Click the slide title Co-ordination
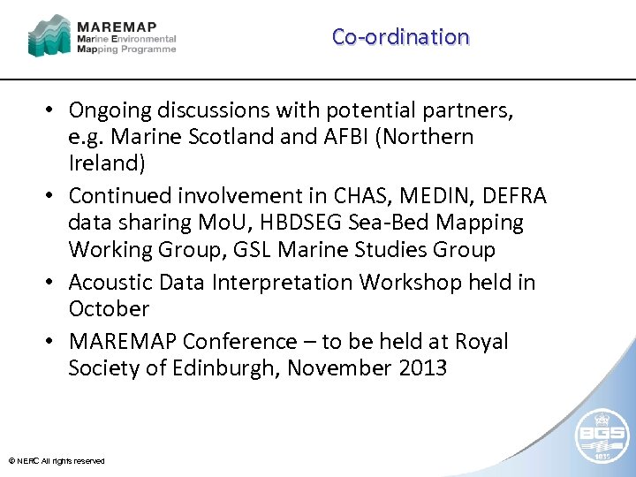point(400,37)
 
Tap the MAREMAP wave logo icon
point(49,34)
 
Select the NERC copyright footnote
point(57,461)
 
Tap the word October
point(109,309)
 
